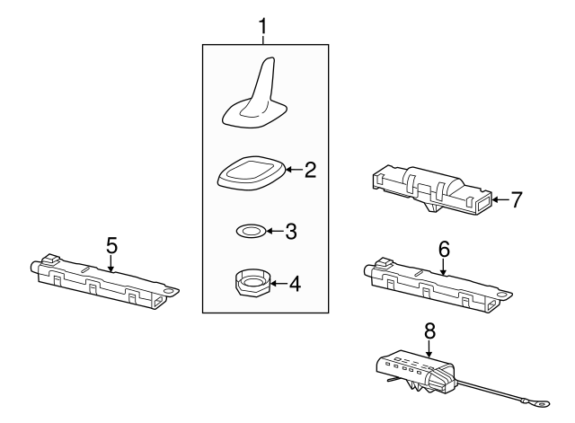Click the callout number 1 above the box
pyautogui.click(x=263, y=28)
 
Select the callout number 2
pyautogui.click(x=310, y=170)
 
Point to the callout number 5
pyautogui.click(x=111, y=244)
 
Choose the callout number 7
pyautogui.click(x=515, y=198)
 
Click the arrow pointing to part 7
pyautogui.click(x=500, y=199)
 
